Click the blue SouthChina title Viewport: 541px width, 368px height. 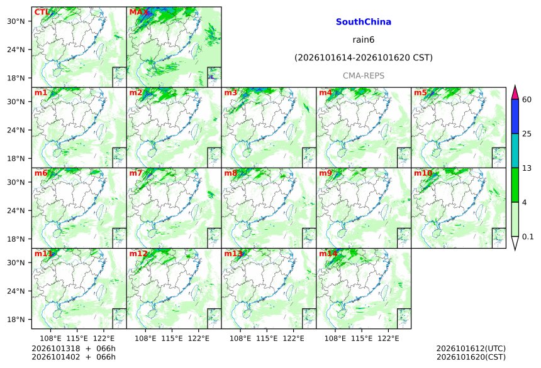click(364, 22)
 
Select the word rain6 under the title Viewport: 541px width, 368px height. click(364, 40)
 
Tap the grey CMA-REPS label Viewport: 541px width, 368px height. click(364, 75)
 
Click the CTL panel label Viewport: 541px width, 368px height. click(42, 13)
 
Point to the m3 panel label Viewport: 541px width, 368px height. click(230, 93)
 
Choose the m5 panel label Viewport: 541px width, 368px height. click(420, 93)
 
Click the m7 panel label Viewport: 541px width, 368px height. click(136, 173)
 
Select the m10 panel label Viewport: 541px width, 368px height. click(423, 173)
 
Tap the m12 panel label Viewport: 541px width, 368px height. click(138, 254)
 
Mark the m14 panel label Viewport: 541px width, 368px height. click(328, 254)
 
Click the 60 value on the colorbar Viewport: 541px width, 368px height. click(527, 100)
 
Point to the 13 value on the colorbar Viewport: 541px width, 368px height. click(527, 168)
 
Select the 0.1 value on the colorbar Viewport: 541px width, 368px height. click(528, 237)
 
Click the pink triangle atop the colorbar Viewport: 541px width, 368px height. click(515, 93)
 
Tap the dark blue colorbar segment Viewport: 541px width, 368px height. click(515, 116)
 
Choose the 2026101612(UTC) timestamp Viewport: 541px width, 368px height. click(471, 349)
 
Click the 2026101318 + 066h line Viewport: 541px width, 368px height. click(74, 349)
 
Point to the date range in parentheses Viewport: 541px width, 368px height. click(364, 58)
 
